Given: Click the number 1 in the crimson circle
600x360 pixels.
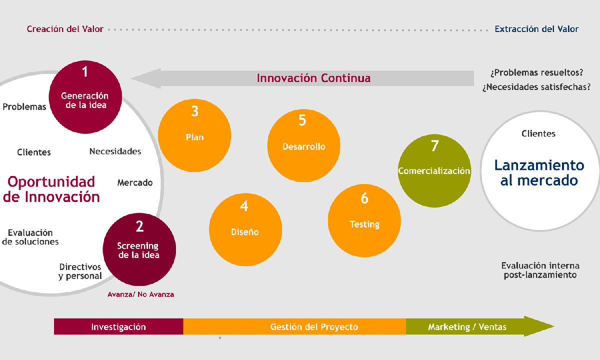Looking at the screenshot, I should coord(85,72).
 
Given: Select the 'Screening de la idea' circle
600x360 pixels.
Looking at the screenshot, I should coord(139,249).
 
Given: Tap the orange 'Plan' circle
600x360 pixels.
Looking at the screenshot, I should coord(194,135).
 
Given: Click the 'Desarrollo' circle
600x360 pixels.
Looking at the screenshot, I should coord(303,145).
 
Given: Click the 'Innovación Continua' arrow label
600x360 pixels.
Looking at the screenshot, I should coord(313,78).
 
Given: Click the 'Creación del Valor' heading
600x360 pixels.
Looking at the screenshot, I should coord(65,29).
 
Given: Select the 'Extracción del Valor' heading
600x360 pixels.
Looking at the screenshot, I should coord(536,29).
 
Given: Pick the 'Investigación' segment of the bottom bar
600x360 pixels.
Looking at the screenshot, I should coord(118,327).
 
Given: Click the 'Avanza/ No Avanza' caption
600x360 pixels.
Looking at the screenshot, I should coord(141,294).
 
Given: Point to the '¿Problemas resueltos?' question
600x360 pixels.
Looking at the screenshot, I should coord(537,72).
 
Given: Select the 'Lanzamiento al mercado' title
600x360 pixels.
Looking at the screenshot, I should coord(539,172).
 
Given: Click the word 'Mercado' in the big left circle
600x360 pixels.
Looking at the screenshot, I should coord(135,183).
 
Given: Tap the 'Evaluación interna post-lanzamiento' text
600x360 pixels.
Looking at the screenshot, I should coord(540,270).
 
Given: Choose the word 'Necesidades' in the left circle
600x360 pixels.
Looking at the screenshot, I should coord(115,151).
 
